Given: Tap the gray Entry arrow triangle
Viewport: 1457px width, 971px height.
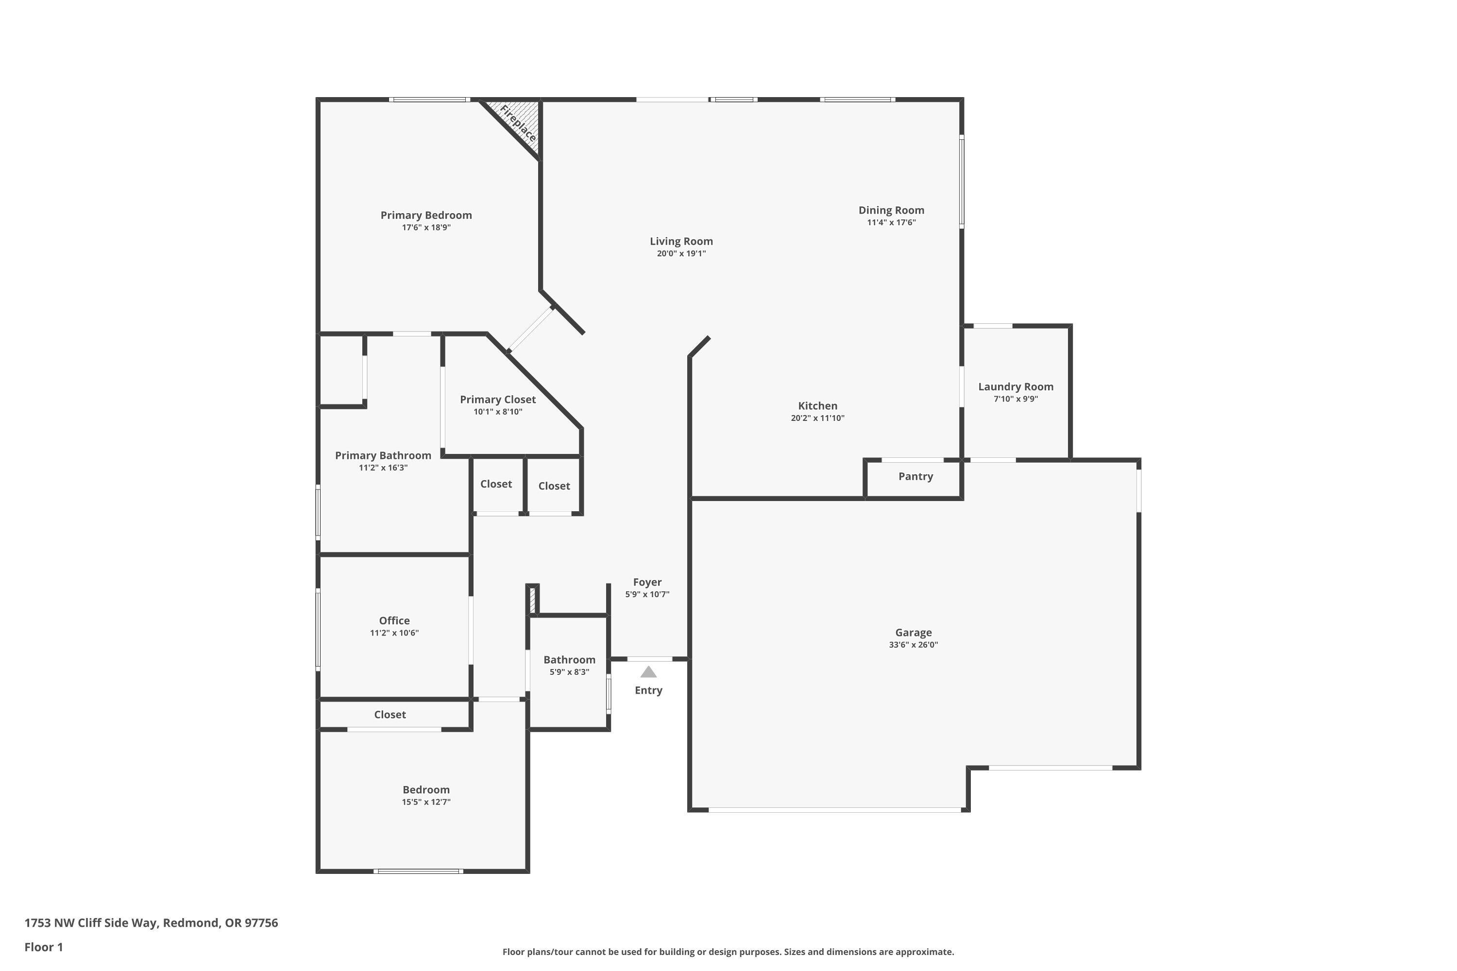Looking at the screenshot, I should point(648,672).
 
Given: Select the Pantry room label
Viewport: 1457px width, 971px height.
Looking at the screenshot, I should point(915,476).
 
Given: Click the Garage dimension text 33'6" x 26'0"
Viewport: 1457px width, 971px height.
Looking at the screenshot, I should point(913,645).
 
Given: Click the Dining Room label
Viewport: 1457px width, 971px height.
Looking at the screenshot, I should point(891,210).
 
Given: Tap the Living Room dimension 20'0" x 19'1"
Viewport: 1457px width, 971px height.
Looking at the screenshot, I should point(681,253).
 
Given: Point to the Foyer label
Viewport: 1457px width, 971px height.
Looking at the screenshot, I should point(647,582).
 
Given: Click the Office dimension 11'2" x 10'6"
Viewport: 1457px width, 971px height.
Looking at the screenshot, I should point(394,633).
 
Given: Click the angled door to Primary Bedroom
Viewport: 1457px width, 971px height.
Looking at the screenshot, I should point(530,330).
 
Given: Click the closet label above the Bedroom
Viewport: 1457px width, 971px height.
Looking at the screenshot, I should point(390,715).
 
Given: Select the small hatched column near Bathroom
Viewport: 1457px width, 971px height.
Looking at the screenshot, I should point(532,600).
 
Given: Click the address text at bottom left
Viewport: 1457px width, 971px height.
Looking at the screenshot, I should point(151,923).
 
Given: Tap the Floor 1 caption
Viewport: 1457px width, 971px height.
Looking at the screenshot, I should point(43,947).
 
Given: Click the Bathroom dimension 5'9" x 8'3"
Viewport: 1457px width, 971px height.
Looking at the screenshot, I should point(569,672).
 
